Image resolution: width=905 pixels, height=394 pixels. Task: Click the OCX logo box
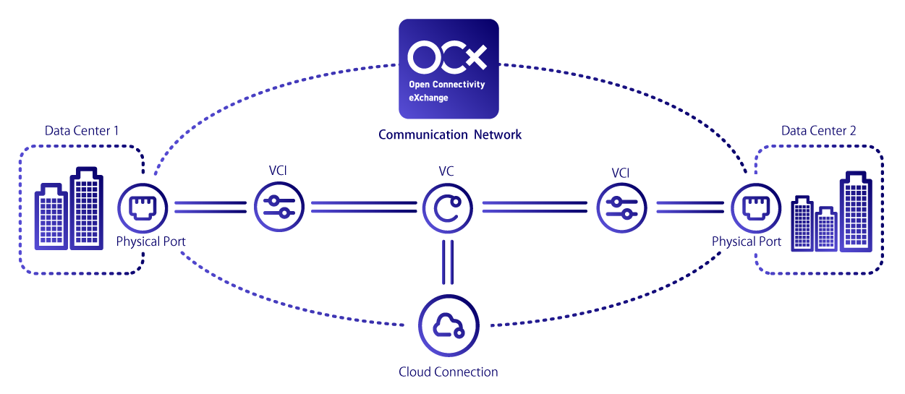[x=449, y=69]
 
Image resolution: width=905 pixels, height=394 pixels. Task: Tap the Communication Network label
[x=449, y=134]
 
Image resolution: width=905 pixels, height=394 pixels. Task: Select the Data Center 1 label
[x=82, y=131]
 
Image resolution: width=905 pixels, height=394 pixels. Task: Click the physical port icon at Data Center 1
[x=143, y=208]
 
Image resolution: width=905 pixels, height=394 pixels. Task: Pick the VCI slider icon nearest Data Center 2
[x=621, y=208]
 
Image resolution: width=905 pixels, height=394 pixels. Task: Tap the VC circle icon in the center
[x=448, y=208]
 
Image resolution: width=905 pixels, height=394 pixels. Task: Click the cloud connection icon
[x=449, y=326]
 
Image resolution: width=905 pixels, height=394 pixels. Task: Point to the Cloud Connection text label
[x=449, y=372]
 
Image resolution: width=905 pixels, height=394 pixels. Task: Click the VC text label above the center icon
[x=447, y=174]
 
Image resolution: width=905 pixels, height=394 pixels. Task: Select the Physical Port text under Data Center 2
[x=747, y=241]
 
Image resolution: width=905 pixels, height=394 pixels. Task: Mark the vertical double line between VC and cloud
[x=448, y=262]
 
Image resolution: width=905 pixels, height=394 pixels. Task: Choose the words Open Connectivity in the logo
[x=446, y=85]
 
